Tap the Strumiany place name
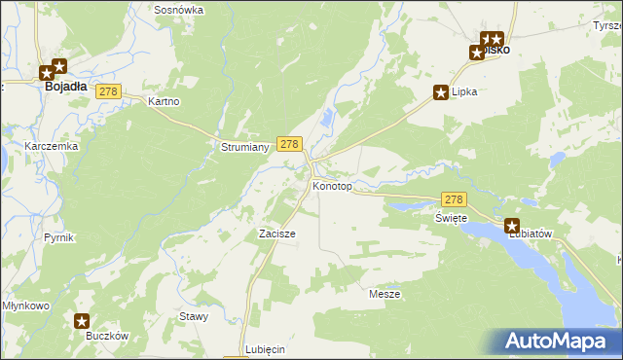click(x=238, y=147)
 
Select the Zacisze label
click(x=276, y=234)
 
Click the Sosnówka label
click(x=178, y=10)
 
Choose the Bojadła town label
click(x=65, y=86)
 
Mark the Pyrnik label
click(x=58, y=237)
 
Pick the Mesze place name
click(x=385, y=293)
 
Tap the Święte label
click(x=451, y=218)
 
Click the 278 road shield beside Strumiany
click(x=288, y=144)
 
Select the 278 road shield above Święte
click(x=454, y=198)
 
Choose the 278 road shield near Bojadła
click(x=108, y=91)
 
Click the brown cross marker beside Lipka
click(x=440, y=92)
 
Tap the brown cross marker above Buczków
click(x=83, y=320)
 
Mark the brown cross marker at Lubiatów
click(x=512, y=225)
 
